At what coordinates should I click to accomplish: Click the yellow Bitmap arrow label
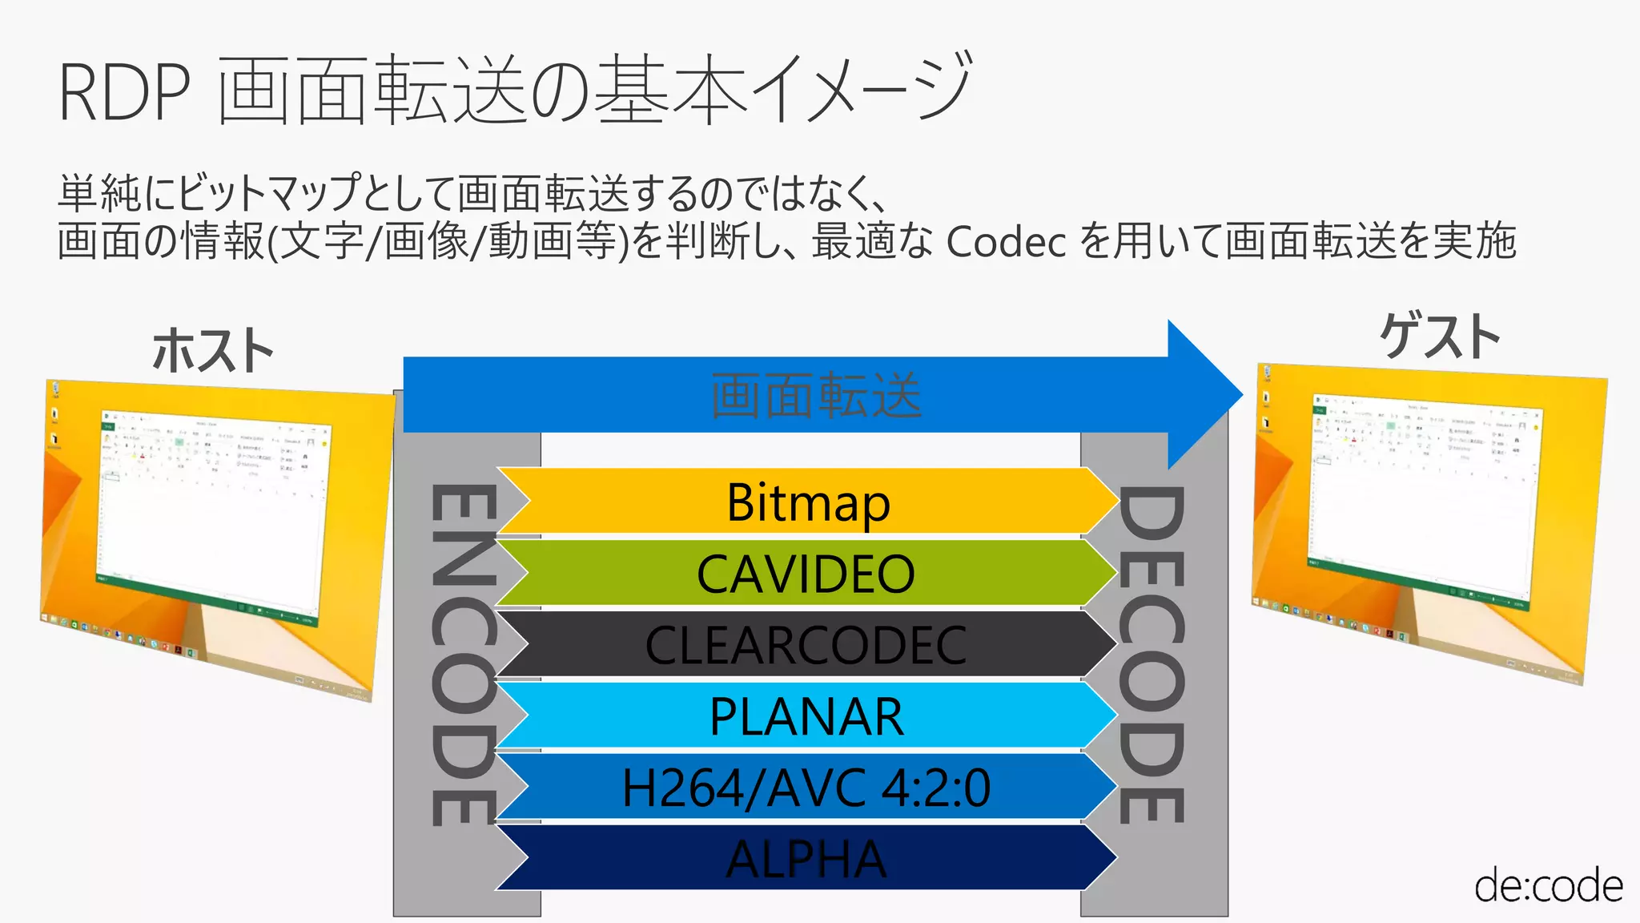[x=807, y=502]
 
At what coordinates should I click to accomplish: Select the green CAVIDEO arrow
[x=806, y=574]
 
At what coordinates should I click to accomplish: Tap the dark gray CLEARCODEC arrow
[x=806, y=645]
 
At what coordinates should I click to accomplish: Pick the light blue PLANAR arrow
[x=806, y=716]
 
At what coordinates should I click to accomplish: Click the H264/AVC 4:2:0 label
[x=806, y=788]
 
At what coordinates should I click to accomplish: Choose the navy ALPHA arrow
[x=806, y=859]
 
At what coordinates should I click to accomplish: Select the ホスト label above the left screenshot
[x=213, y=351]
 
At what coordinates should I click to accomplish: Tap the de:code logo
[x=1547, y=885]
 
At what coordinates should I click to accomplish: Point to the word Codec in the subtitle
[x=1006, y=240]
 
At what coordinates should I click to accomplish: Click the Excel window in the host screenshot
[x=212, y=513]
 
